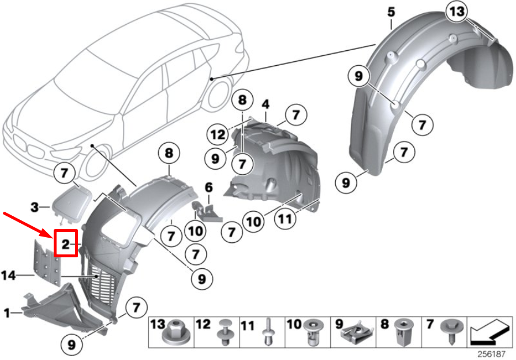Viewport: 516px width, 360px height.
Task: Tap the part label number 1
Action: click(6, 313)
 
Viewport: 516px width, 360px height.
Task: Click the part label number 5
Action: click(391, 12)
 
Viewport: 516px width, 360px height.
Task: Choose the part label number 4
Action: click(266, 104)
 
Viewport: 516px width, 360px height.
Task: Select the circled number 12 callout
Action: click(218, 136)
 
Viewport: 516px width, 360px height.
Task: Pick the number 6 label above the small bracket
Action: click(208, 187)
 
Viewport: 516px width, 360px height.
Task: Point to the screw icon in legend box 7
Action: click(448, 331)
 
